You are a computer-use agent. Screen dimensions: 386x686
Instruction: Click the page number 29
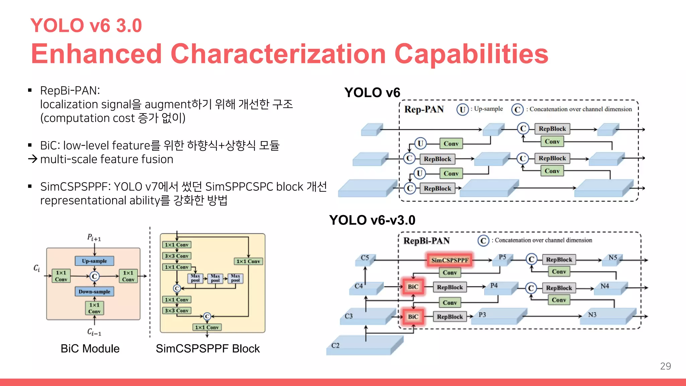pos(665,366)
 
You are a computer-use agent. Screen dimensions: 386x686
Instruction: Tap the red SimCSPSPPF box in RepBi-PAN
pos(450,260)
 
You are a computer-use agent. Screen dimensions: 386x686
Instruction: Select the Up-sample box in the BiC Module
pos(94,261)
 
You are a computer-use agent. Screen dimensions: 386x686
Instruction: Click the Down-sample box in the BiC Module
pos(94,292)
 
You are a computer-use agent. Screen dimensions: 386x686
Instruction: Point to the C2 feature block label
pos(335,345)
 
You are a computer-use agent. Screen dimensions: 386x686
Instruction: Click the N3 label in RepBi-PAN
pos(592,315)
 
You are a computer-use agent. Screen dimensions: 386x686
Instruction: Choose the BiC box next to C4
pos(413,287)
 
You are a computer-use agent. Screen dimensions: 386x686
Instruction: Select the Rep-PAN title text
pos(424,110)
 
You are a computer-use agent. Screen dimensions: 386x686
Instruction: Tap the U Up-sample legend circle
pos(462,110)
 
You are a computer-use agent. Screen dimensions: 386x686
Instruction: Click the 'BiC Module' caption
pos(90,348)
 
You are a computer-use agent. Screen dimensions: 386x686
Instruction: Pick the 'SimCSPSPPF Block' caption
pos(208,348)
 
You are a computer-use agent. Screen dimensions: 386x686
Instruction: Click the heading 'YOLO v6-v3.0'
pos(372,220)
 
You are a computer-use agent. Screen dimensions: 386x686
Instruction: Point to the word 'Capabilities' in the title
pos(471,54)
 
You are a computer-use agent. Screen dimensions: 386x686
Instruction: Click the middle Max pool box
pos(215,278)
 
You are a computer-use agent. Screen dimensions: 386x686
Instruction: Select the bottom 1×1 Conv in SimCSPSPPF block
pos(207,327)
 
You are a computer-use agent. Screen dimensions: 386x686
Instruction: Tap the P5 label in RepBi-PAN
pos(502,257)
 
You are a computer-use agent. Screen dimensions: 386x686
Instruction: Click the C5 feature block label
pos(365,258)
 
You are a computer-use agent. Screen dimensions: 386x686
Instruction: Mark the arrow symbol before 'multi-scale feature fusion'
pos(32,159)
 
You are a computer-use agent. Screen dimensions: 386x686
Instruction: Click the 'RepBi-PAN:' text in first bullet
pos(70,90)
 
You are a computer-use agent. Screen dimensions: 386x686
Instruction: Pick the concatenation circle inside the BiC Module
pos(94,276)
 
